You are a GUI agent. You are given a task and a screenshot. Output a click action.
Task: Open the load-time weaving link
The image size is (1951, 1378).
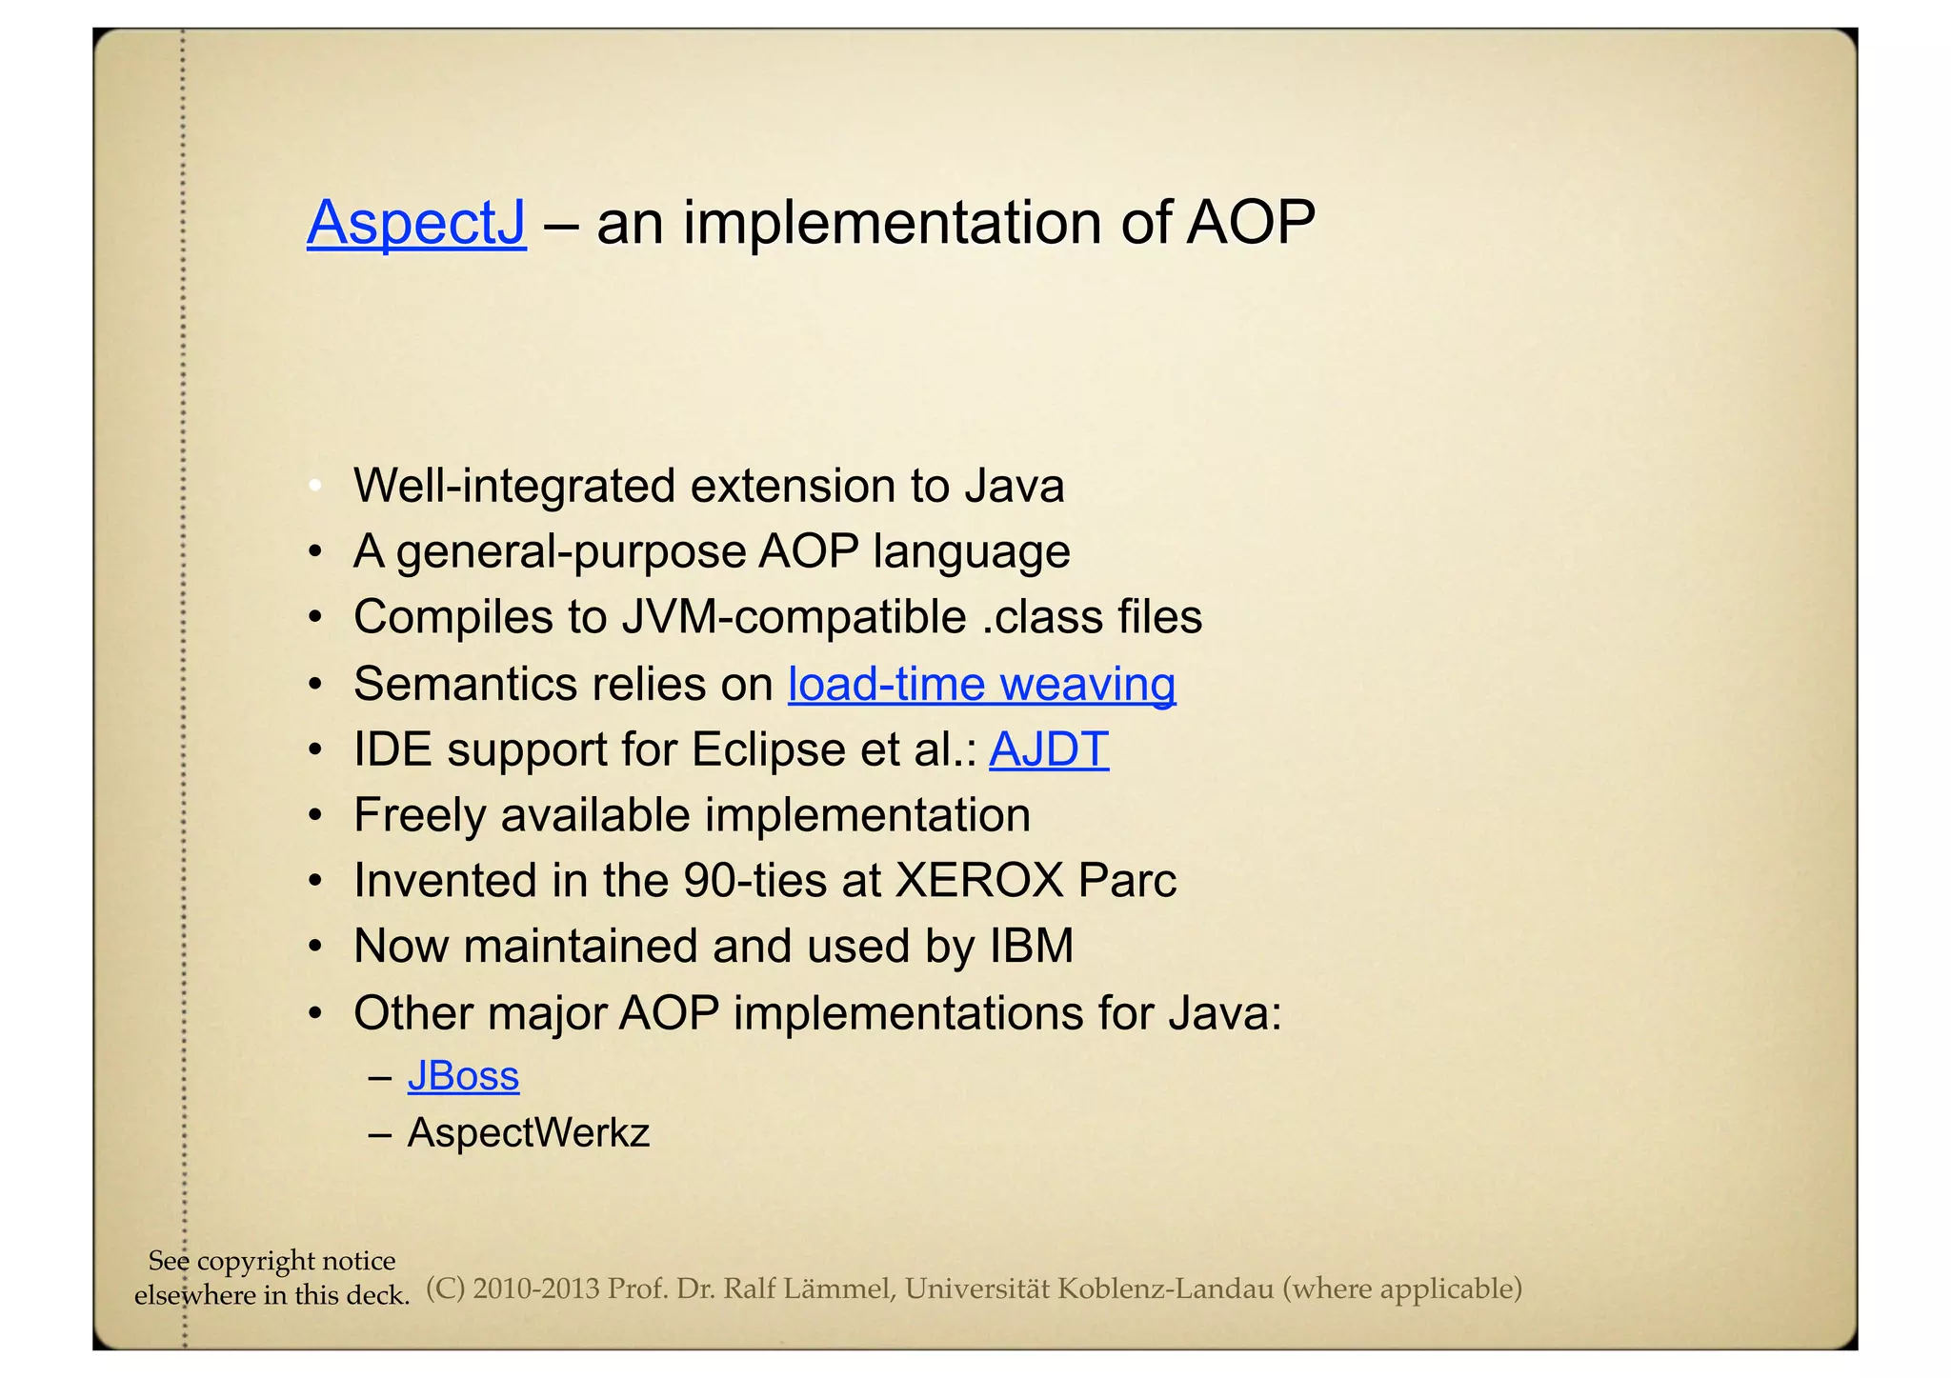coord(981,684)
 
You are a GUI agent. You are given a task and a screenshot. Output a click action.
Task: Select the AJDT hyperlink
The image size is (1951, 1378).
coord(1048,749)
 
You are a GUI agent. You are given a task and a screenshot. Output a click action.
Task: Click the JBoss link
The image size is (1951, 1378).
coord(463,1076)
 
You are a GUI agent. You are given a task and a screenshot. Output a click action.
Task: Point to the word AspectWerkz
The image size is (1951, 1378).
coord(528,1133)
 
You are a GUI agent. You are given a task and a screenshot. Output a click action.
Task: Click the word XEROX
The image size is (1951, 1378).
coord(978,881)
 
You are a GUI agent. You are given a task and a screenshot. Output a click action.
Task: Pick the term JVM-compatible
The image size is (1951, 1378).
coord(794,617)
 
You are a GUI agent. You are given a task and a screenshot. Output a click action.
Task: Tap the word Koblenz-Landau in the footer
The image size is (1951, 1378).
coord(1165,1289)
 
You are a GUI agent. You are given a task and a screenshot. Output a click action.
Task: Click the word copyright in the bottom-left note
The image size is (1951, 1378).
coord(255,1261)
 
